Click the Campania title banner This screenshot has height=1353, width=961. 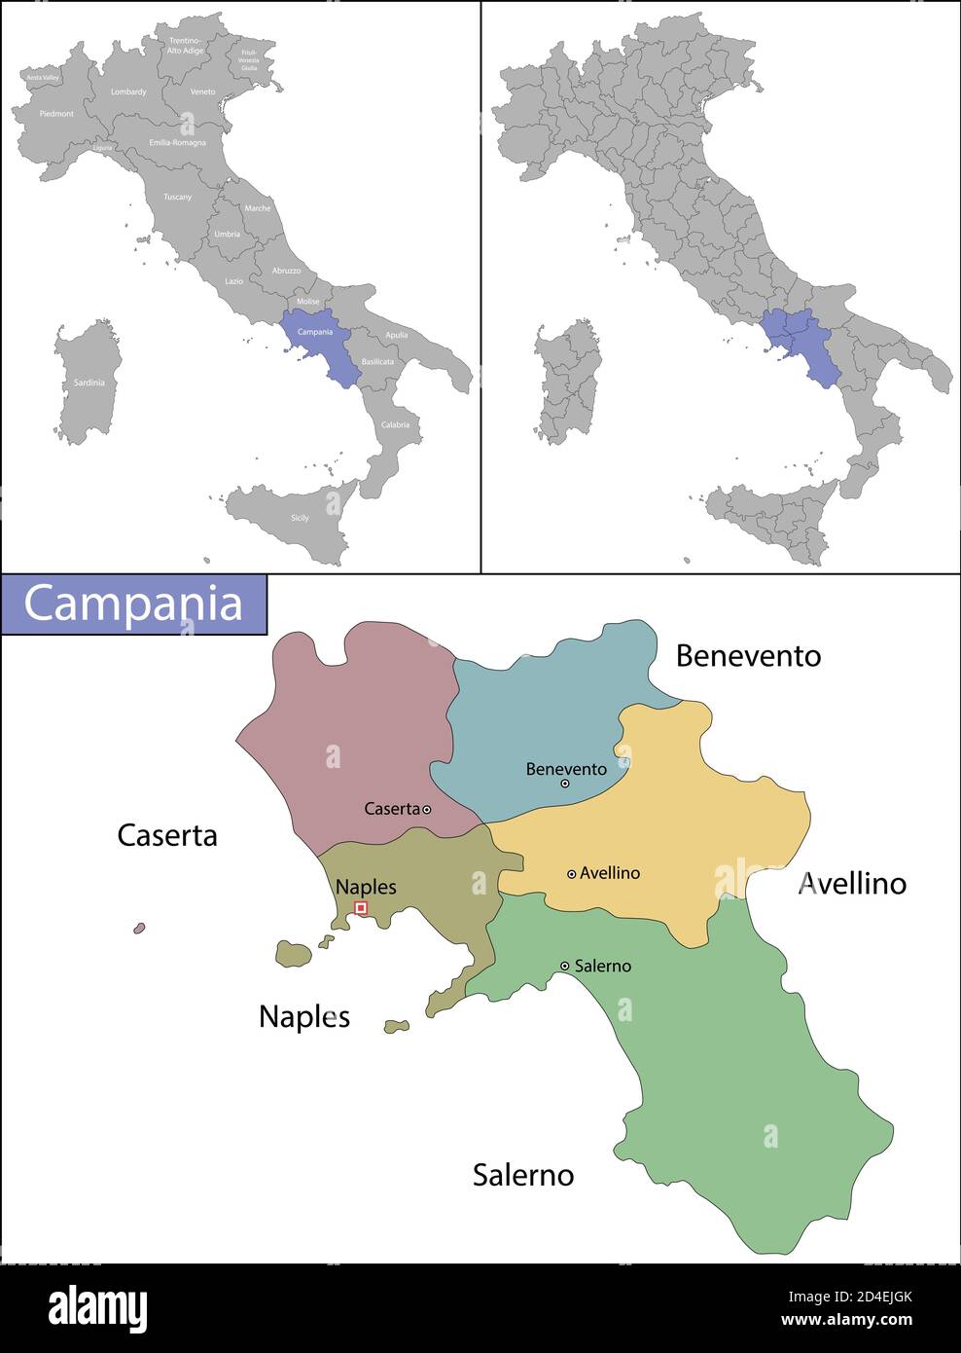click(133, 603)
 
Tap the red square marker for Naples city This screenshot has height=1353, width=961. click(361, 907)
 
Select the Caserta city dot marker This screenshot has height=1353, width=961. click(427, 809)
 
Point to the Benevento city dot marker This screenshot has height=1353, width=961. click(564, 784)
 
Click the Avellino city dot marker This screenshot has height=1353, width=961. click(571, 874)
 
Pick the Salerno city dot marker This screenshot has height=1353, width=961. click(564, 966)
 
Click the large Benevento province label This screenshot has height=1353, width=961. click(748, 656)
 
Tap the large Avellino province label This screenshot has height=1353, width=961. click(853, 884)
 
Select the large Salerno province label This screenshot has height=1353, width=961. click(523, 1175)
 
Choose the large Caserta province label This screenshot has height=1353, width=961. click(167, 835)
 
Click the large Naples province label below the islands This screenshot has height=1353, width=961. click(303, 1016)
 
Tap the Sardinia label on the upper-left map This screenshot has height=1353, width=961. click(89, 383)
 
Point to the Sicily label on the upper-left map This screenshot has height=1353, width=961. click(300, 518)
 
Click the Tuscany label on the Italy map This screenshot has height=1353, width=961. click(177, 197)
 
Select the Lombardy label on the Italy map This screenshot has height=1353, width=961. click(128, 92)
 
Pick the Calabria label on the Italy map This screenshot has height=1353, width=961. click(395, 424)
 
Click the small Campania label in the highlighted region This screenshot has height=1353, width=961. click(314, 332)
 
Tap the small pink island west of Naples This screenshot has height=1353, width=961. click(139, 929)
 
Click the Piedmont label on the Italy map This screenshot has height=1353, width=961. click(56, 114)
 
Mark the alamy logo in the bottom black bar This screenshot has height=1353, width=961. click(97, 1309)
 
